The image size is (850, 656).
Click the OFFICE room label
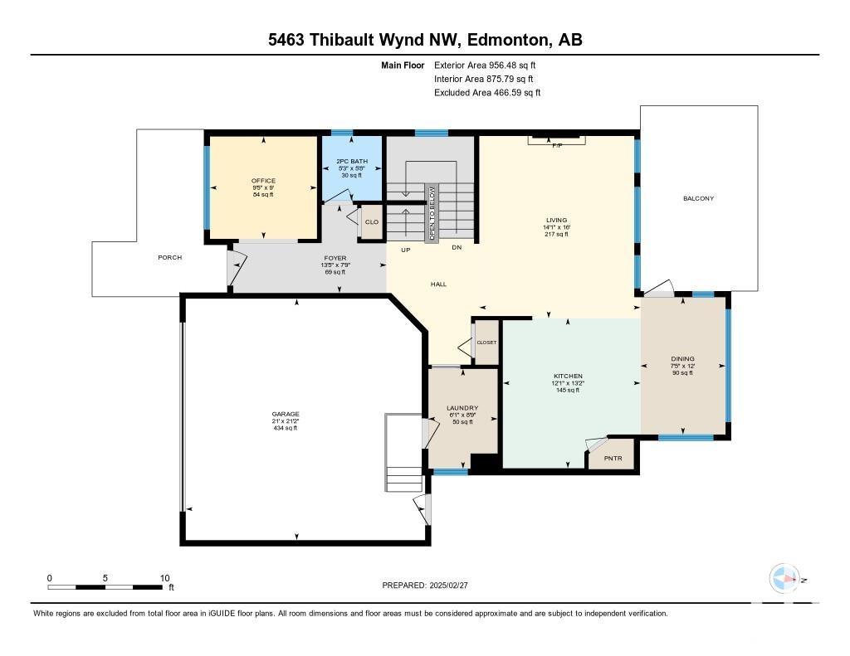click(x=263, y=181)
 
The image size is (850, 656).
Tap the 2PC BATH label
click(x=352, y=161)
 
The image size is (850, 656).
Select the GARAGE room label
click(x=286, y=414)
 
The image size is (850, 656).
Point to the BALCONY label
click(x=698, y=198)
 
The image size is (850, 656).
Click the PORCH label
click(x=169, y=257)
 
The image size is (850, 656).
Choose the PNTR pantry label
click(x=613, y=459)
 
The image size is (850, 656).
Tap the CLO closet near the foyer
click(x=372, y=222)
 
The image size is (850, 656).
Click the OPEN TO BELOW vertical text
click(x=432, y=213)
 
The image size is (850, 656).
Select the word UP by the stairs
click(x=405, y=250)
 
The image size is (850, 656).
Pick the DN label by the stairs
click(x=457, y=247)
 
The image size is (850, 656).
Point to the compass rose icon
click(x=784, y=579)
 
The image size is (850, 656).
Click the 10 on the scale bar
click(x=165, y=578)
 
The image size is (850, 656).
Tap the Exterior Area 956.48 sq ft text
click(x=485, y=65)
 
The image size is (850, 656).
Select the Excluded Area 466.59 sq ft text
click(x=487, y=93)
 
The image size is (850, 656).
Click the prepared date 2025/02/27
click(x=448, y=585)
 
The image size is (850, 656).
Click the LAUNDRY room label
click(x=462, y=408)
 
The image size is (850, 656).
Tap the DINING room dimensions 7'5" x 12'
click(x=682, y=366)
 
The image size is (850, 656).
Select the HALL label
click(x=438, y=284)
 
